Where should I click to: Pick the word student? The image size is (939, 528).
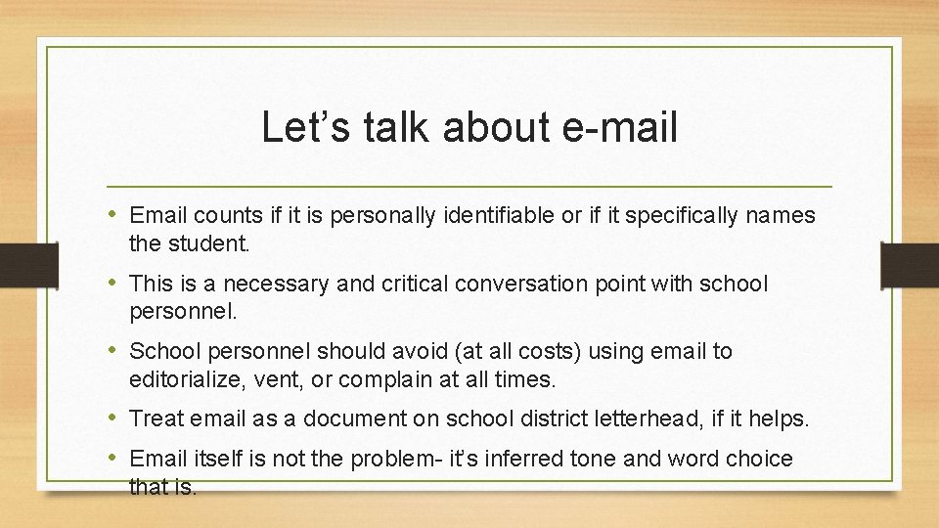pos(207,242)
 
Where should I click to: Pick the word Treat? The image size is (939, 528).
pos(157,419)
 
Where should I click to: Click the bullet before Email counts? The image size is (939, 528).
pos(114,215)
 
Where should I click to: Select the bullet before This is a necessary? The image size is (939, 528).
pos(114,284)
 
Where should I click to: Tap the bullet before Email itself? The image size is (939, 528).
pos(114,459)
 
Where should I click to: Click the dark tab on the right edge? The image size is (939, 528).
pos(910,265)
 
